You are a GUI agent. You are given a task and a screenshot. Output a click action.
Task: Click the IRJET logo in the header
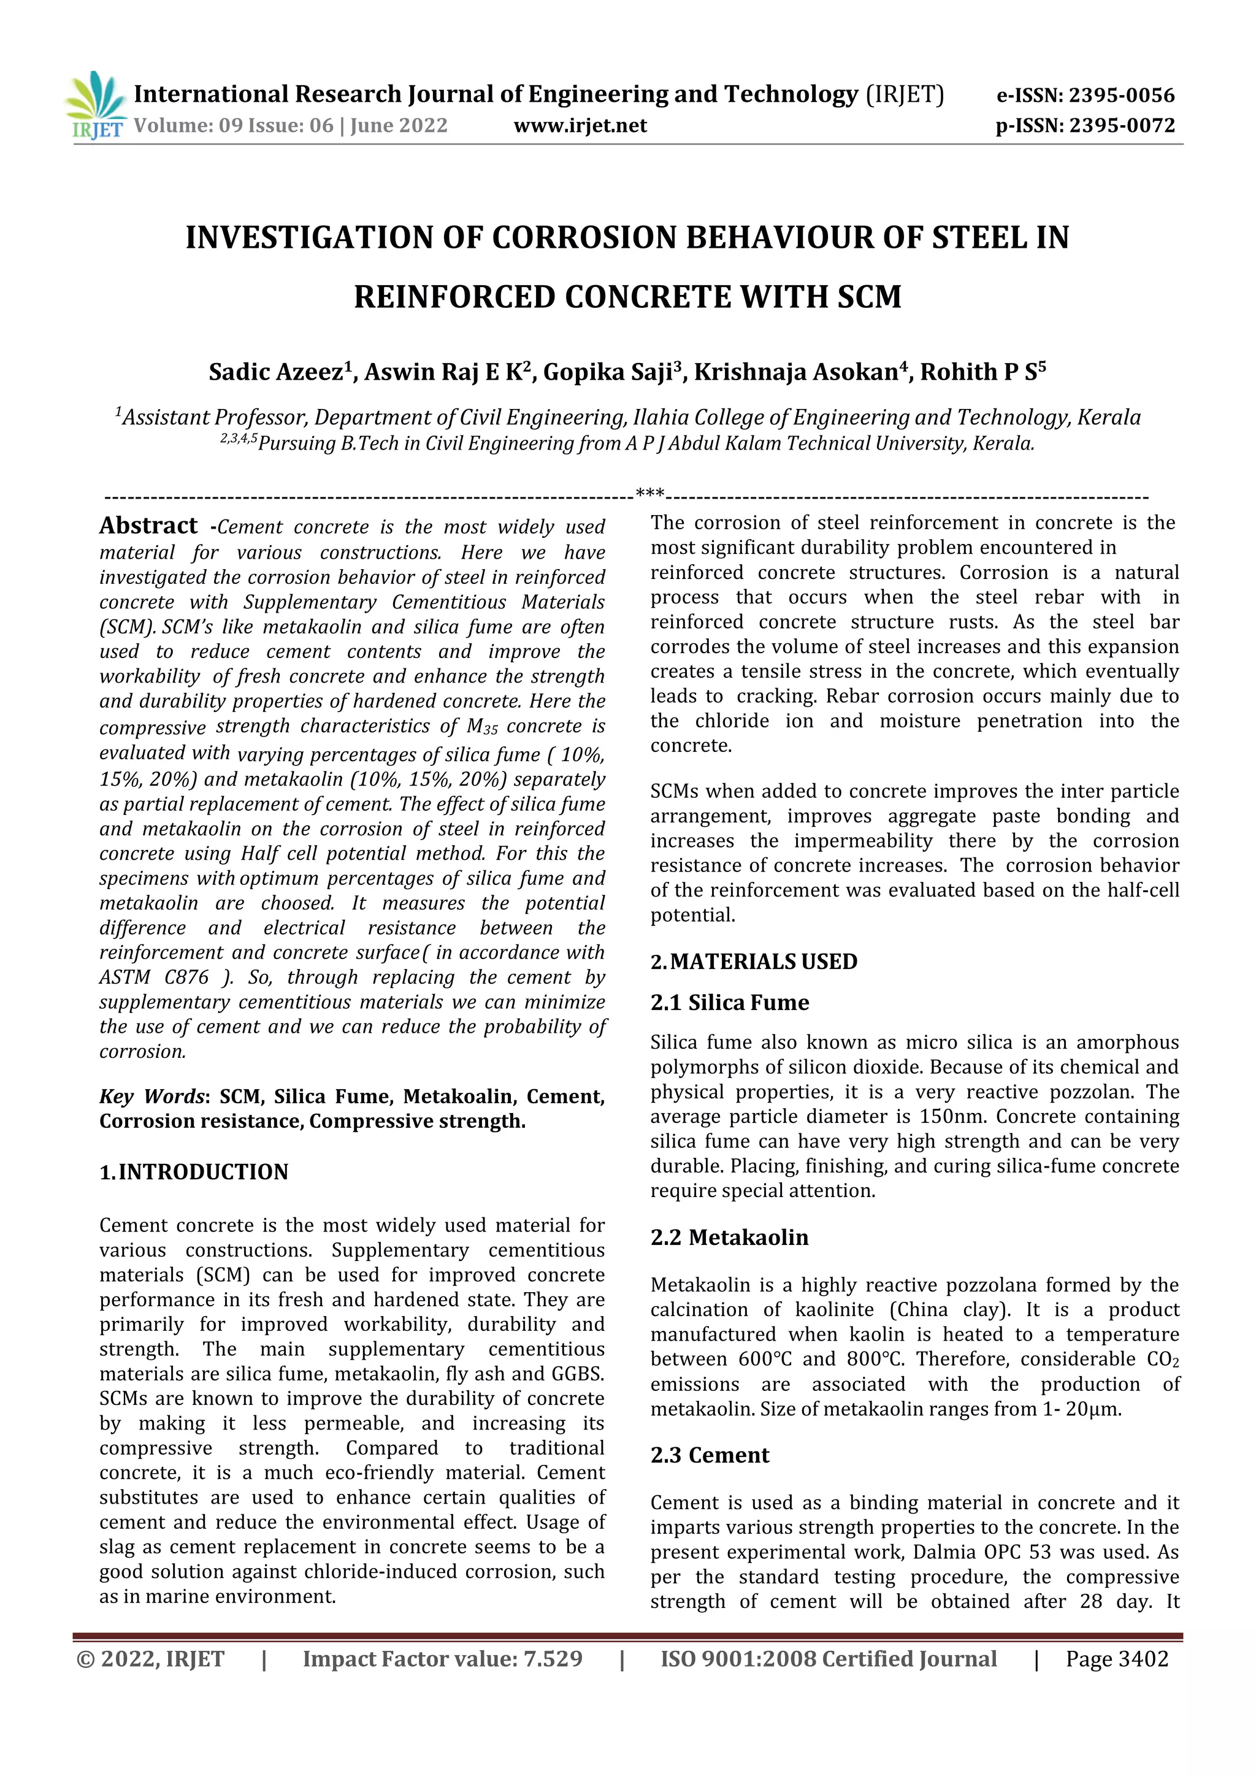coord(96,107)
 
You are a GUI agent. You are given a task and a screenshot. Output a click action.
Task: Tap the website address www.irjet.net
coord(580,125)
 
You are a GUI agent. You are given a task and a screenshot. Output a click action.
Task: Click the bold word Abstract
coord(148,526)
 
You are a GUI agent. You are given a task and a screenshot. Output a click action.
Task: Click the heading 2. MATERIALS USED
coord(754,962)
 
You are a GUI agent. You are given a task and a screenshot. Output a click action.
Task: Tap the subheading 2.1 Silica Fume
coord(729,1003)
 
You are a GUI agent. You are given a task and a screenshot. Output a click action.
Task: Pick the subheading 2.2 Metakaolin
coord(729,1238)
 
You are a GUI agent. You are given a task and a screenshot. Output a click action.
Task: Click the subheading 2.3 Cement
coord(710,1455)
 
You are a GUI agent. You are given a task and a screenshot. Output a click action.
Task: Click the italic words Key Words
coord(151,1097)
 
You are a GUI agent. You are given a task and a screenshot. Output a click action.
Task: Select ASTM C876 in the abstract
coord(154,978)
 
